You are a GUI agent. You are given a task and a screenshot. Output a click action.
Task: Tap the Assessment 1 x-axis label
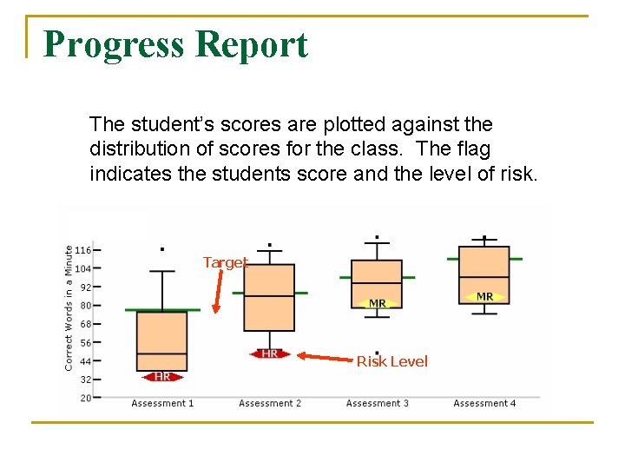162,403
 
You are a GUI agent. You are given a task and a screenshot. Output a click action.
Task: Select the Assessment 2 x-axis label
270,403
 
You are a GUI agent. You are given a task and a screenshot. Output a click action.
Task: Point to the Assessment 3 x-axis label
377,403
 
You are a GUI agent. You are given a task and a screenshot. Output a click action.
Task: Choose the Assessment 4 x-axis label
484,403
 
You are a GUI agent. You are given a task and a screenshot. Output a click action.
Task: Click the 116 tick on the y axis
83,250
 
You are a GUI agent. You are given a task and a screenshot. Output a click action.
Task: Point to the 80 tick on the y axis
85,306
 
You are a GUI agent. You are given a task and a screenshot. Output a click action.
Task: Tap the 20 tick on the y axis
85,398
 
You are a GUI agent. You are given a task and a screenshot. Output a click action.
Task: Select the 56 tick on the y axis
85,343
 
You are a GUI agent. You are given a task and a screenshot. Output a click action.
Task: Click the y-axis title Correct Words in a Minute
69,307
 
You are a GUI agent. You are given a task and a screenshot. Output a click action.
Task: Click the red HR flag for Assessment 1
162,376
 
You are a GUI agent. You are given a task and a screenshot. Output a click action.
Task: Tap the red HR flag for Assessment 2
270,354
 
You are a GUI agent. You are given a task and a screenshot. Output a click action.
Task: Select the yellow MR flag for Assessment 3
378,303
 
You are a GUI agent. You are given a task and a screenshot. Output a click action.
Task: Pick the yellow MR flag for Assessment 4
484,296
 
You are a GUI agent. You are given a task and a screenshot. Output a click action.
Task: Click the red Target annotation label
225,262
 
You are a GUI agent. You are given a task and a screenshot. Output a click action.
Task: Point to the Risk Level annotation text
391,361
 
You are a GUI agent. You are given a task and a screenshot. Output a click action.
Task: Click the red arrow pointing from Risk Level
326,356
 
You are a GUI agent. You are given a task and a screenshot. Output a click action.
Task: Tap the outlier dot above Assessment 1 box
162,249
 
